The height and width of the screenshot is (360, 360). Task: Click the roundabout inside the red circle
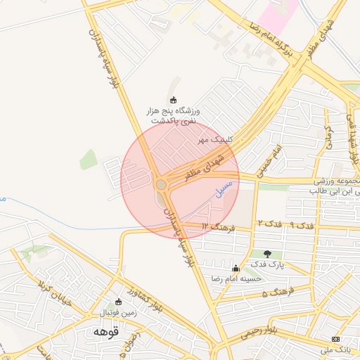coord(161,184)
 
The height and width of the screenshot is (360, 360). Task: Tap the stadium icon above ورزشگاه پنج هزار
coord(173,99)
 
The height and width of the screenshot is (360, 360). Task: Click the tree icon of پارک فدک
coord(266,253)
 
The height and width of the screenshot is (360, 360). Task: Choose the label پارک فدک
coord(266,266)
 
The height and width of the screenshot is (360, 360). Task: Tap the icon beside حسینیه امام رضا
coord(236,268)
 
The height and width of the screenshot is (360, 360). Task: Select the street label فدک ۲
coord(270,223)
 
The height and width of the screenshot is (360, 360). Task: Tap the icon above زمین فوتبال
coord(118,302)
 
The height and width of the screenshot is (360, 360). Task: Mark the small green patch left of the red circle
coord(89,160)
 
